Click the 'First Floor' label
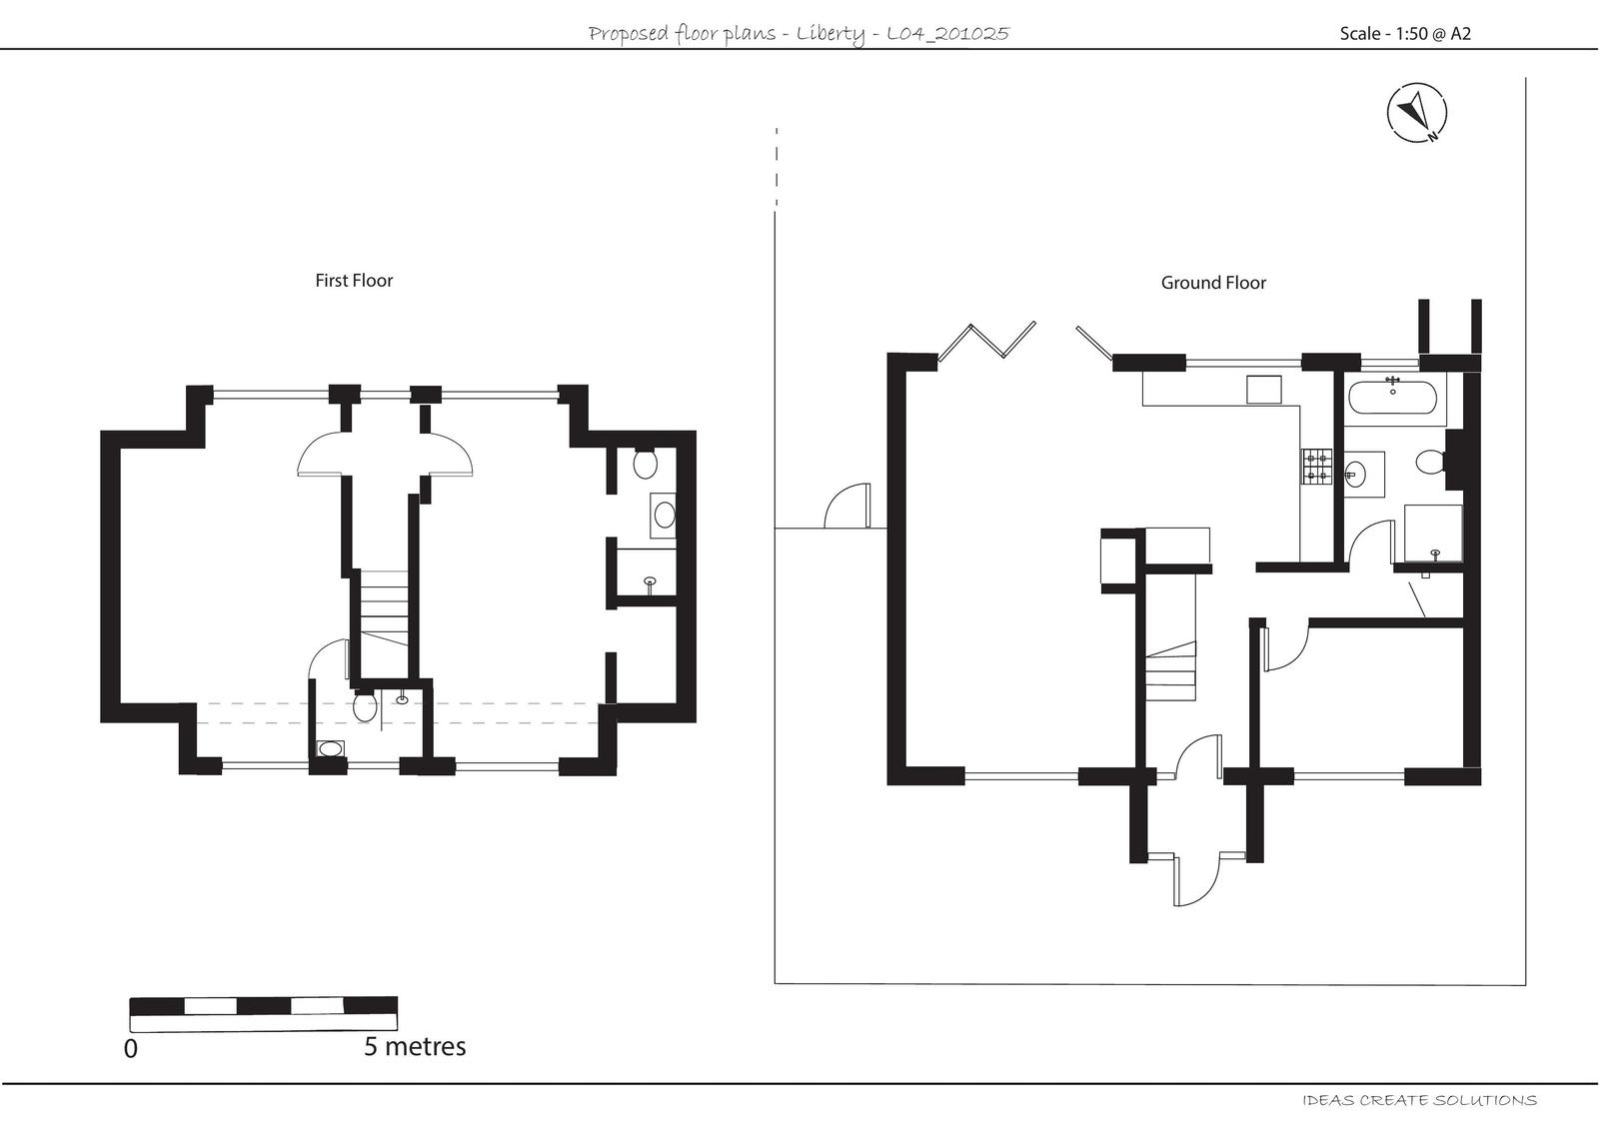pos(354,281)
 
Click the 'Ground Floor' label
pos(1212,283)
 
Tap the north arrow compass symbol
pos(1417,112)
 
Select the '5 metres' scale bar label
pos(415,1046)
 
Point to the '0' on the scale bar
pos(130,1049)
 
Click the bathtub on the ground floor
pos(1392,400)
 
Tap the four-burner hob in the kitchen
pos(1316,467)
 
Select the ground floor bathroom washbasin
pos(1357,474)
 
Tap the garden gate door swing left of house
pos(847,506)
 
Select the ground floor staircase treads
pos(1170,674)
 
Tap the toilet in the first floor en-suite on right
pos(645,464)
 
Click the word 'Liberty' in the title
pos(829,34)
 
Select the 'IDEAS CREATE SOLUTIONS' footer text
pos(1419,1100)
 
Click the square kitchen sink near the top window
pos(1263,390)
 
